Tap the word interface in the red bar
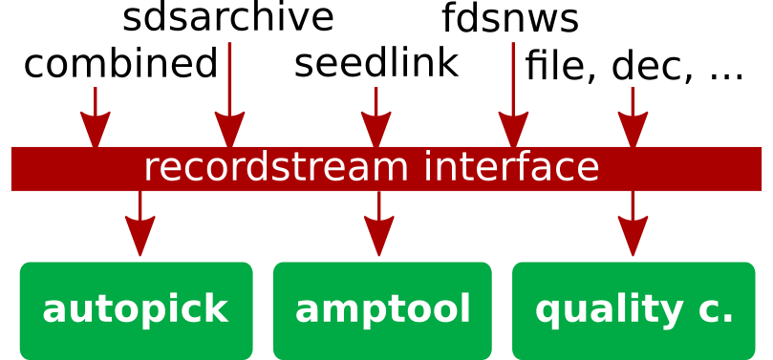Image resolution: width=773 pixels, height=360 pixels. pyautogui.click(x=511, y=169)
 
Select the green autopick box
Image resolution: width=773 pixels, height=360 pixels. pyautogui.click(x=136, y=310)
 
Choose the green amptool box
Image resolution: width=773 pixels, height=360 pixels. pyautogui.click(x=382, y=310)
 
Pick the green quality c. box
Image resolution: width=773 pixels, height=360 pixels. pyautogui.click(x=633, y=310)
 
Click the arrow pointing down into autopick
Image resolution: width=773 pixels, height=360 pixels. pyautogui.click(x=140, y=224)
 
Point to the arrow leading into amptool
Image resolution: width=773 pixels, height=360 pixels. pyautogui.click(x=378, y=224)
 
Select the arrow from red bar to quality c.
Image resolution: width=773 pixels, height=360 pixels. pyautogui.click(x=633, y=224)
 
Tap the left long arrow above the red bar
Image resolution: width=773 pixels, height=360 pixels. pyautogui.click(x=229, y=95)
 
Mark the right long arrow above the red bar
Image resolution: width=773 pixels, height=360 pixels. pyautogui.click(x=513, y=95)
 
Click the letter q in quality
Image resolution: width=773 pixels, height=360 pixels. pyautogui.click(x=548, y=312)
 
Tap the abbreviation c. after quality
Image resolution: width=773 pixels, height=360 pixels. pyautogui.click(x=719, y=311)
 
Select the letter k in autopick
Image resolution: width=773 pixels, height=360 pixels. pyautogui.click(x=219, y=309)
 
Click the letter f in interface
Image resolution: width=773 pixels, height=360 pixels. pyautogui.click(x=517, y=167)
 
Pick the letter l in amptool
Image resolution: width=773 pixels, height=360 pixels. pyautogui.click(x=465, y=308)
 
